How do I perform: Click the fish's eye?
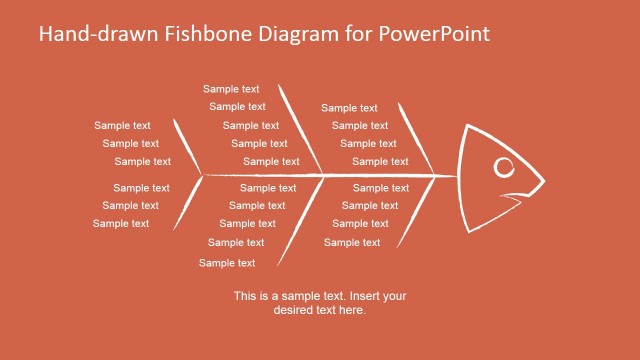(505, 167)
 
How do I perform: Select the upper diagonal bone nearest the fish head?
(416, 137)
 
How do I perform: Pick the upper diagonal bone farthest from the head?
(188, 146)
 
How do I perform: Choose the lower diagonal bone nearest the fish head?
(416, 212)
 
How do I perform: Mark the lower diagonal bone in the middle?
(298, 222)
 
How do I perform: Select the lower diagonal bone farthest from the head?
(186, 205)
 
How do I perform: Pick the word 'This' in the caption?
(246, 296)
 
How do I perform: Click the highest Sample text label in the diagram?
(231, 89)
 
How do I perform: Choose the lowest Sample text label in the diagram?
(227, 263)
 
